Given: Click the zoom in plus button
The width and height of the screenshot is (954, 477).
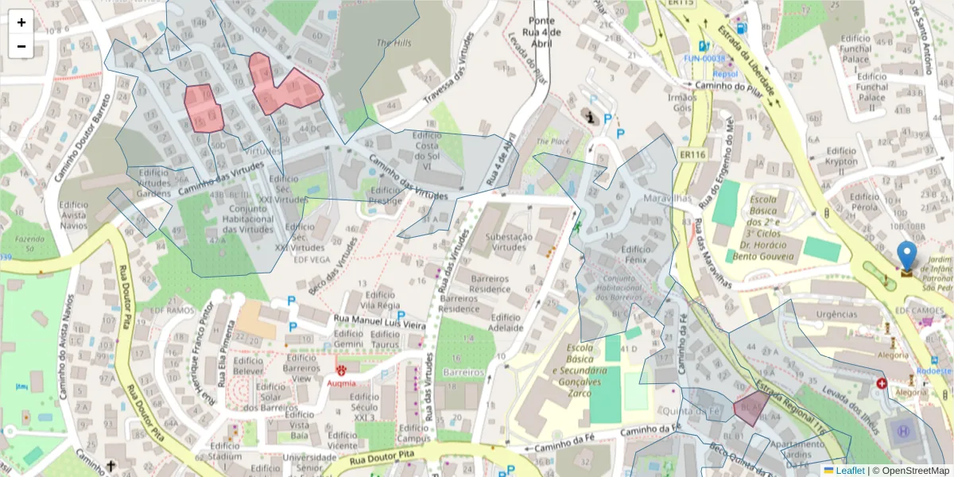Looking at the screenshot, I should (21, 22).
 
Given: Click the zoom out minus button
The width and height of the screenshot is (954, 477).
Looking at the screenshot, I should (21, 46).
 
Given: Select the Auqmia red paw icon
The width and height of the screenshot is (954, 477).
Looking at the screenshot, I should (342, 370).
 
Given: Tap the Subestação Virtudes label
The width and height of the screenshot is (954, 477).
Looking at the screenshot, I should (498, 241).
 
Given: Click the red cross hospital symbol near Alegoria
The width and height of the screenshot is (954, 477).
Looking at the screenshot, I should (882, 384).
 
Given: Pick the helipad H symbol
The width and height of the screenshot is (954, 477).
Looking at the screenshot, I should (902, 432).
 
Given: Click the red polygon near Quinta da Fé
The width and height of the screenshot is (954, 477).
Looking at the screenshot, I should (750, 408).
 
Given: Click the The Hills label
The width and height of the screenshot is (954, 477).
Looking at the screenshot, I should (394, 43).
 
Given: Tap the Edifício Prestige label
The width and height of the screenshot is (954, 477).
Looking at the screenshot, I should (386, 196).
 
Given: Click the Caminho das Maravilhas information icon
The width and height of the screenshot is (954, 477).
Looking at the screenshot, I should (590, 117).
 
